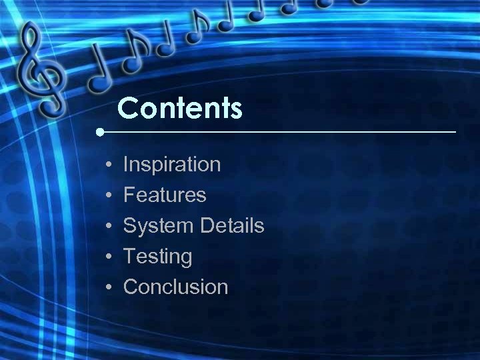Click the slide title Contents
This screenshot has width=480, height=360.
pos(180,108)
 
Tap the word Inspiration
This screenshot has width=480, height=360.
pos(172,164)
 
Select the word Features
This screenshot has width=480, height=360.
pos(165,195)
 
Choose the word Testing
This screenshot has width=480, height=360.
pos(158,256)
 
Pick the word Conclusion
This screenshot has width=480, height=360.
pos(176,287)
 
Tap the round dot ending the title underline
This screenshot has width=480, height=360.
pos(99,132)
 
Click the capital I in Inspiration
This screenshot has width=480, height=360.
pos(127,164)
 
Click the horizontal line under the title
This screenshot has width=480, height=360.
pos(280,132)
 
